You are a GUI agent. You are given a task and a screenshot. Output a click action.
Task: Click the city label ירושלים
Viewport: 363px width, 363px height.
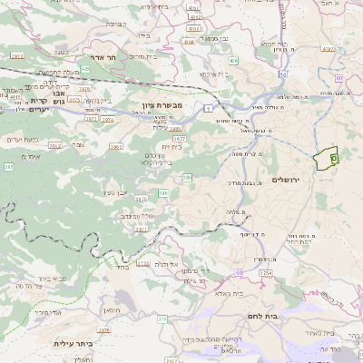(x=291, y=180)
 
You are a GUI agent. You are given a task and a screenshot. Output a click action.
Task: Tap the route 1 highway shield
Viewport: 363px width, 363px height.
(x=208, y=108)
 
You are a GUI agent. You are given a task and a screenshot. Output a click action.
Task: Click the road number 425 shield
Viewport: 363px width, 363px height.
(x=85, y=68)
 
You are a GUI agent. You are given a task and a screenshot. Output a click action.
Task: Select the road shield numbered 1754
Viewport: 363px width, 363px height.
(x=265, y=272)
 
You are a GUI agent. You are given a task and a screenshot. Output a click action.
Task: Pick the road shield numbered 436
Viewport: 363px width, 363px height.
(x=233, y=61)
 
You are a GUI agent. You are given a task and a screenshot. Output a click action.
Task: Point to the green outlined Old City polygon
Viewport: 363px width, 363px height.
(x=325, y=159)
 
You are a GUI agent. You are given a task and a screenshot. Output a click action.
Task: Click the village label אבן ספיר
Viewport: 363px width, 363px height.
(x=120, y=191)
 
